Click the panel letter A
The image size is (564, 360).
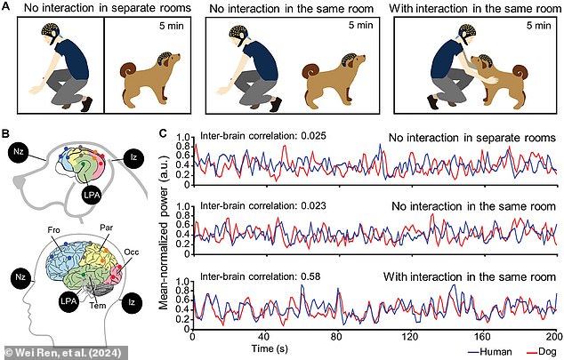click(x=6, y=7)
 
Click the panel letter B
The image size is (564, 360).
click(x=6, y=135)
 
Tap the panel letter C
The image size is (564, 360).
click(x=161, y=135)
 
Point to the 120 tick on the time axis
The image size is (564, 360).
click(x=408, y=339)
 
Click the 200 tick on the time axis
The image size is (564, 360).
click(x=552, y=339)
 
